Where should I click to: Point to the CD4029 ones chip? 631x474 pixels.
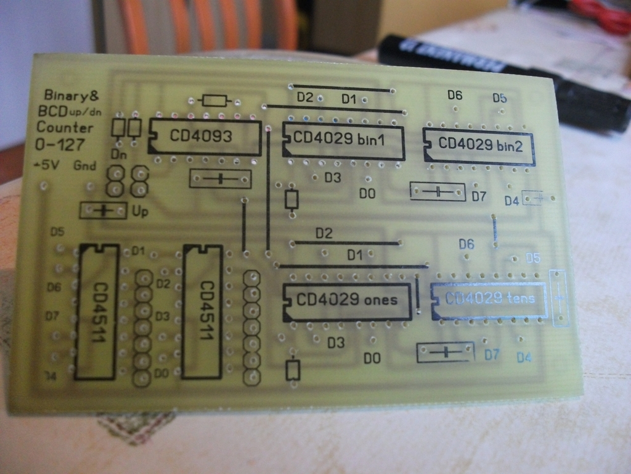(347, 301)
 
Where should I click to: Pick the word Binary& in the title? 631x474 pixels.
(71, 96)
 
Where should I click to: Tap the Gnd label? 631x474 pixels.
(84, 165)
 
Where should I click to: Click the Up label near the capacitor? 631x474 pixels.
(140, 211)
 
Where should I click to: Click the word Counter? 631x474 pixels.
(65, 128)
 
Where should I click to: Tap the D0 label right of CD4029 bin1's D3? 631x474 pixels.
(367, 194)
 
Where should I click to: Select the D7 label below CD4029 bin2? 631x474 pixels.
(479, 197)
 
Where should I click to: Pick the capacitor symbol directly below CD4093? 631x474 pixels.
(220, 180)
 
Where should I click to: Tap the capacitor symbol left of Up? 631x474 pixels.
(102, 210)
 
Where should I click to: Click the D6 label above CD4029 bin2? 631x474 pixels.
(455, 95)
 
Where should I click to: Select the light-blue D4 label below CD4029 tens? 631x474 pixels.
(524, 357)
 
